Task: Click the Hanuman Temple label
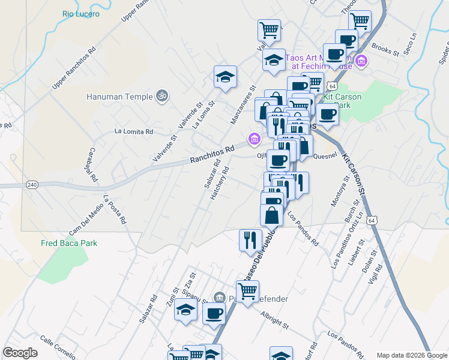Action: (x=119, y=95)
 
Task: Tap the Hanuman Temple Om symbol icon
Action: (x=161, y=95)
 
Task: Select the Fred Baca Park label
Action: (x=68, y=243)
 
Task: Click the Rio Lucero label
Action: (x=81, y=13)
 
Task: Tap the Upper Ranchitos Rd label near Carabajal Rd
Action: (x=73, y=69)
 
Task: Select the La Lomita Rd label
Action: (x=134, y=131)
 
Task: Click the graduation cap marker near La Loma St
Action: (x=225, y=77)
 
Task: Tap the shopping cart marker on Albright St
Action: (x=247, y=292)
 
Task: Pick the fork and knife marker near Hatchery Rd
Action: (x=250, y=239)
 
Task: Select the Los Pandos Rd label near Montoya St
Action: (x=303, y=229)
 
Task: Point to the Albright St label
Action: (x=274, y=319)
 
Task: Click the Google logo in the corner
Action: (x=20, y=353)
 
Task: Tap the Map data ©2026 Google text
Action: (x=412, y=355)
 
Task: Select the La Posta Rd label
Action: (x=115, y=209)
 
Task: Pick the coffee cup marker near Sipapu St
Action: (x=214, y=313)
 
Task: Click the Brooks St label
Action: (x=385, y=50)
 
